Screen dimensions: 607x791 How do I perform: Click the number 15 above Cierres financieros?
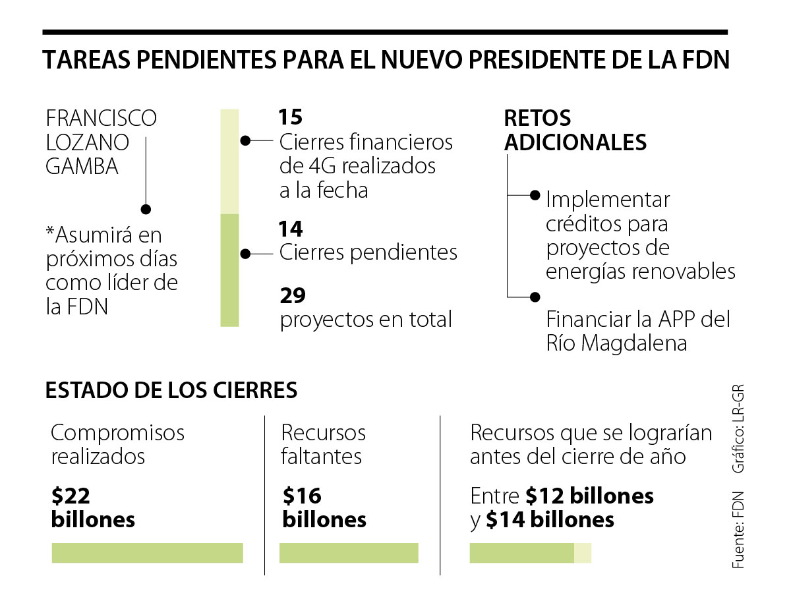tap(290, 117)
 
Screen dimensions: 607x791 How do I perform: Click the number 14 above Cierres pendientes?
tap(291, 229)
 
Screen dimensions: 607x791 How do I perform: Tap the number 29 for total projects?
tap(292, 296)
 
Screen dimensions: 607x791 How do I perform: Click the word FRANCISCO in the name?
tap(102, 119)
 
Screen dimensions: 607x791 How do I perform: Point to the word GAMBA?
tap(82, 166)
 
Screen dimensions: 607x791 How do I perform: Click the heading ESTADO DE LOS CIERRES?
tap(171, 390)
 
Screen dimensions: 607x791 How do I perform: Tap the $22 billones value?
tap(93, 507)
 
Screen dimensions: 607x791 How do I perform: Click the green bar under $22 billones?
tap(147, 553)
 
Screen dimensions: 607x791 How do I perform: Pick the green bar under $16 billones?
tap(349, 553)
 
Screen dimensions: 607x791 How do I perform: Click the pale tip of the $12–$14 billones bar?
tap(583, 553)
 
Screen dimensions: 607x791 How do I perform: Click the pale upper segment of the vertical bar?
tap(229, 161)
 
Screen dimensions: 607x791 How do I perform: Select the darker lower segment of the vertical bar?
tap(229, 270)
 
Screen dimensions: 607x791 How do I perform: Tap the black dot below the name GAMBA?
tap(146, 209)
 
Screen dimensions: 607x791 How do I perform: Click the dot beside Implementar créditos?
tap(535, 195)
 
